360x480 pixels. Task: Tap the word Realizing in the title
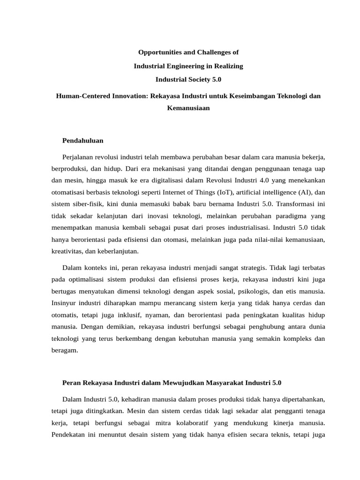(x=229, y=66)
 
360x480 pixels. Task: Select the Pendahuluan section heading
(x=82, y=140)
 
